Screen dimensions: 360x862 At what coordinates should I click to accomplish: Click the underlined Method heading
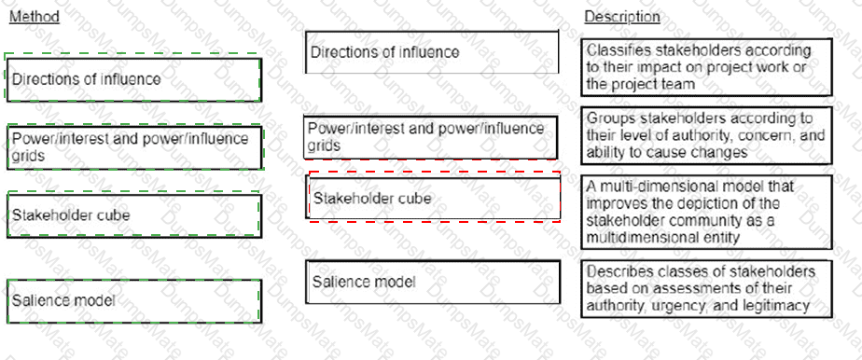(34, 16)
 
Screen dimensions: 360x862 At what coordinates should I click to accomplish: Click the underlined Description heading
(622, 16)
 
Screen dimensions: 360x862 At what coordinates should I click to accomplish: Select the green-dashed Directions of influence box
(132, 78)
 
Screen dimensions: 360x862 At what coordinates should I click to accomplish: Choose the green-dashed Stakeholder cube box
(132, 215)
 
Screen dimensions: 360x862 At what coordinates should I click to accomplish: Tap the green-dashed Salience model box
(132, 299)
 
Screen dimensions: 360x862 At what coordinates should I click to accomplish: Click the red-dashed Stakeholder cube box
(433, 198)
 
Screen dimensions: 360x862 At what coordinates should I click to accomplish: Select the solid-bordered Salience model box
(433, 282)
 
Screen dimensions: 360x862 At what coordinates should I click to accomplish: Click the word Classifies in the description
(619, 50)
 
